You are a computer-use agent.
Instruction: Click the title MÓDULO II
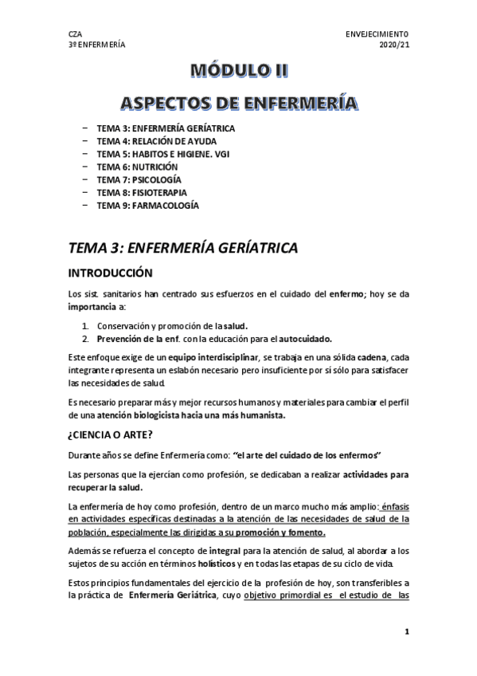[x=238, y=70]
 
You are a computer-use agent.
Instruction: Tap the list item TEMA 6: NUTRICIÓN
[x=138, y=167]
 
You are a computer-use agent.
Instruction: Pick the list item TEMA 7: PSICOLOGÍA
[x=139, y=179]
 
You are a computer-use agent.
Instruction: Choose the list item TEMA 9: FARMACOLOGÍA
[x=147, y=206]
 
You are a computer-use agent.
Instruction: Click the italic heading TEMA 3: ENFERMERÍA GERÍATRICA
[x=184, y=248]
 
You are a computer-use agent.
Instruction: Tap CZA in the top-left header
[x=76, y=34]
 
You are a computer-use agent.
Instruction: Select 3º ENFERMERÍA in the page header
[x=97, y=45]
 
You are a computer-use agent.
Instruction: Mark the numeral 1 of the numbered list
[x=85, y=325]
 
